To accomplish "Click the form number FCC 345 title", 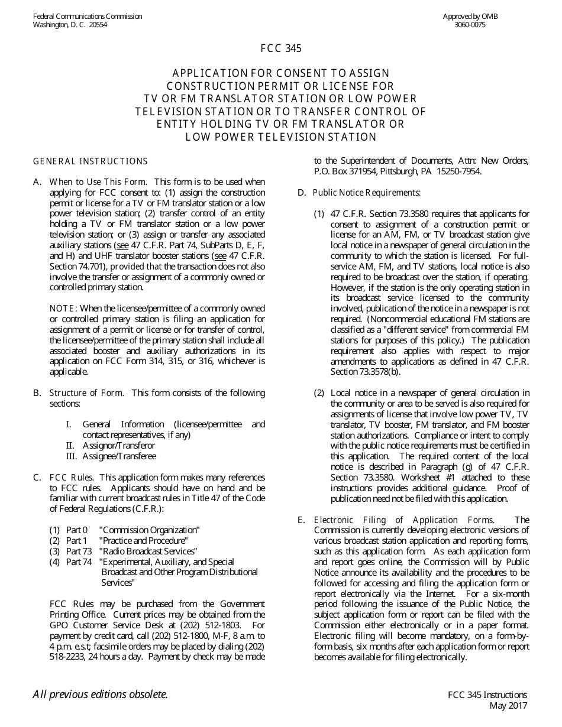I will click(x=281, y=49).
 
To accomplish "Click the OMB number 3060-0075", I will click(x=470, y=25).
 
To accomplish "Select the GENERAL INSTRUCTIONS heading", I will click(x=90, y=161).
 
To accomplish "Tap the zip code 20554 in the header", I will click(x=98, y=25).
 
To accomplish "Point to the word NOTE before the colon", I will click(x=62, y=309).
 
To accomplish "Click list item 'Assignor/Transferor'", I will click(x=118, y=446).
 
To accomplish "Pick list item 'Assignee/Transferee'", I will click(x=119, y=456).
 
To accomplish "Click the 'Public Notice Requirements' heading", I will click(x=367, y=193).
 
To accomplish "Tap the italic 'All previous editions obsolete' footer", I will click(x=100, y=694).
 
